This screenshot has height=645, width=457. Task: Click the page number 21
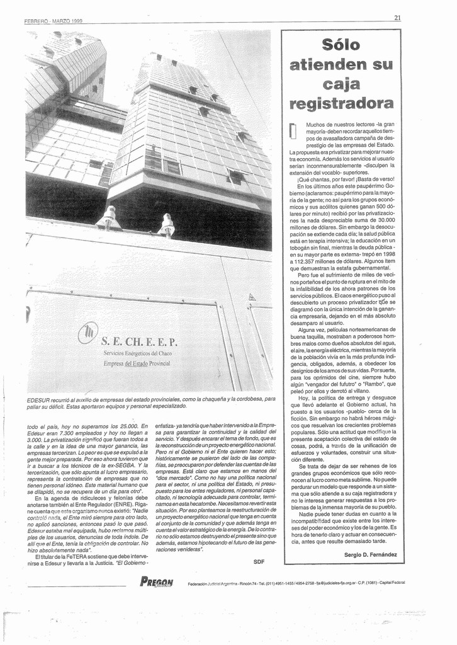(x=397, y=18)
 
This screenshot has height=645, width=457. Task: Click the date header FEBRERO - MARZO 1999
(x=54, y=21)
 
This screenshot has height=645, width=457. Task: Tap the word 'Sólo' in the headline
(x=341, y=45)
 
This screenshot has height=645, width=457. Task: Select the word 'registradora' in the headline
(x=341, y=103)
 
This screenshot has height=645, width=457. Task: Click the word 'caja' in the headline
(x=341, y=84)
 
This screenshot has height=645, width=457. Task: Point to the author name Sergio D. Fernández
(x=371, y=554)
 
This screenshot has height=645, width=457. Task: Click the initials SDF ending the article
(x=259, y=561)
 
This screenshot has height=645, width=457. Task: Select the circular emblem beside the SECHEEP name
(x=87, y=333)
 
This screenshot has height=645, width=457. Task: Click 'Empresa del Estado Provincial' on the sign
(x=137, y=363)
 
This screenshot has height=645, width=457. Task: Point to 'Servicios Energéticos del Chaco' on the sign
(x=137, y=353)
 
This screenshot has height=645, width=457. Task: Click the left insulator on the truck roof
(x=110, y=217)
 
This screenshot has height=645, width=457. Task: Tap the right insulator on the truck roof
(x=167, y=225)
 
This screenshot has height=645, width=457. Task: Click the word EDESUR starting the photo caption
(x=39, y=399)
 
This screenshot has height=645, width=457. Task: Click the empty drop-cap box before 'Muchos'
(x=292, y=130)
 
